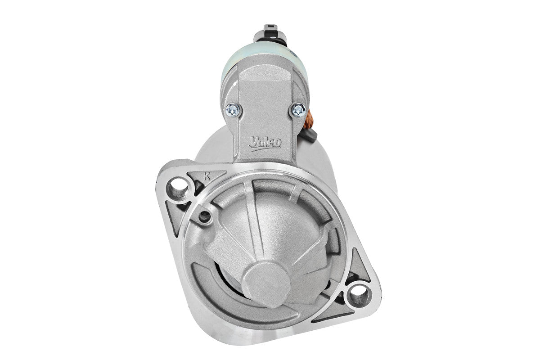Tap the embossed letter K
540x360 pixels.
(207, 176)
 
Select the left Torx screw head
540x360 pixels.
(233, 110)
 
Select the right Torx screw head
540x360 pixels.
(298, 110)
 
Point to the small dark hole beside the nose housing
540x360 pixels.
(205, 217)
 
